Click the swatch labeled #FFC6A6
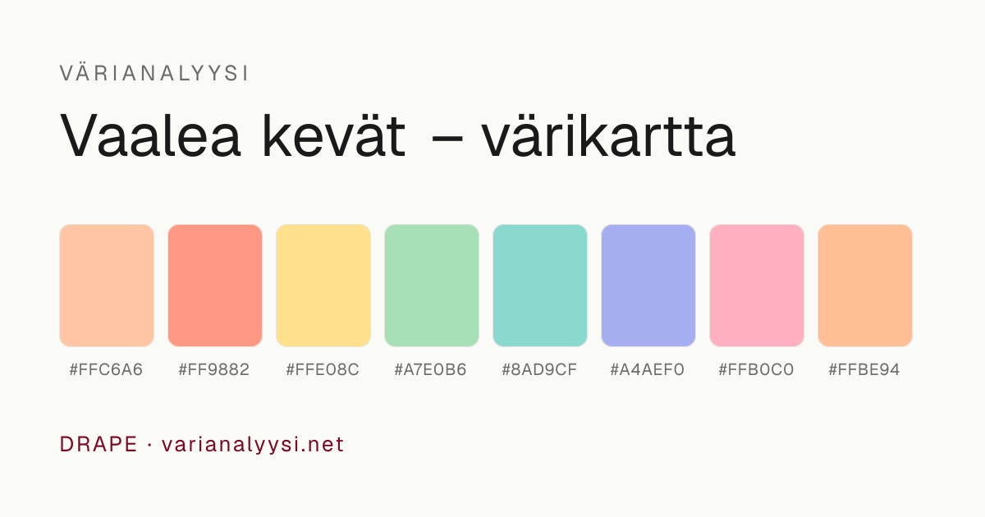click(x=107, y=286)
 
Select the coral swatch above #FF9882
click(x=215, y=286)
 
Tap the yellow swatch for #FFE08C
click(x=323, y=286)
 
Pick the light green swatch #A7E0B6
click(x=432, y=286)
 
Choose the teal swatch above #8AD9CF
click(x=540, y=286)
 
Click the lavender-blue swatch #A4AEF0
click(x=648, y=286)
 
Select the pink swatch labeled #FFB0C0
click(x=757, y=286)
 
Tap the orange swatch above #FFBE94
click(x=865, y=286)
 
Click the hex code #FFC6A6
click(x=107, y=370)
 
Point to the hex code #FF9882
click(x=214, y=370)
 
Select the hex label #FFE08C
click(x=323, y=370)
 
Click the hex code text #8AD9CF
click(x=539, y=370)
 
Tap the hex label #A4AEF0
click(x=648, y=370)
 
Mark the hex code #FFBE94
click(x=864, y=370)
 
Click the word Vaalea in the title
click(x=150, y=135)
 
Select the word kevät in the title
click(x=334, y=135)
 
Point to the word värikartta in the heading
click(x=608, y=135)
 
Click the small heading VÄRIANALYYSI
click(x=154, y=73)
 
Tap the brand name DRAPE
click(x=98, y=444)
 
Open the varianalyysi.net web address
click(x=253, y=445)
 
